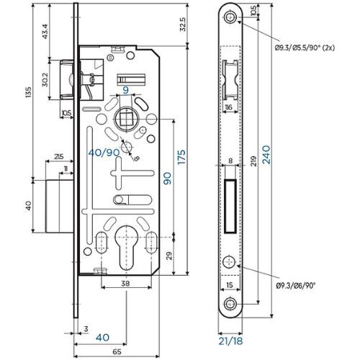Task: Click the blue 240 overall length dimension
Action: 266,155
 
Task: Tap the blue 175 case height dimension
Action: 181,157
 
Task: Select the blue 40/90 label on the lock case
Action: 104,153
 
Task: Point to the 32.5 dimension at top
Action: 183,24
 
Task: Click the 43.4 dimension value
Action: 45,32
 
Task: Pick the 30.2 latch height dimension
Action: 45,79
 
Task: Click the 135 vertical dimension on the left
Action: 28,92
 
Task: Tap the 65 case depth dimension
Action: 117,352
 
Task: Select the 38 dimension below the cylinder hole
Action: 125,284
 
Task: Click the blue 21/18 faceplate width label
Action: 230,341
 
